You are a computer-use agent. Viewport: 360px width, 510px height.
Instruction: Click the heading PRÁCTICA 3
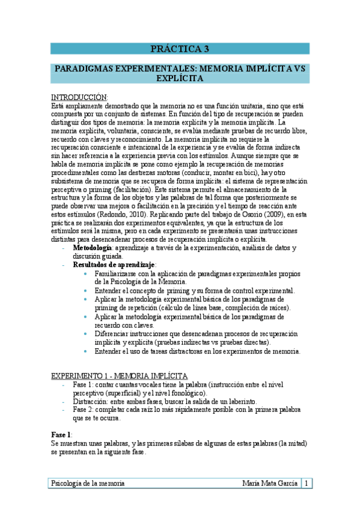point(180,49)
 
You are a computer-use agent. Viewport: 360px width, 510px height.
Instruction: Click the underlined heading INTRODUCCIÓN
point(79,97)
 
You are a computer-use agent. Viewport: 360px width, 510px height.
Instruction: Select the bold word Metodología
point(93,248)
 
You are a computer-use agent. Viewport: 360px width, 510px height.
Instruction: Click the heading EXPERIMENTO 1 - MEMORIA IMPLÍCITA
point(119,375)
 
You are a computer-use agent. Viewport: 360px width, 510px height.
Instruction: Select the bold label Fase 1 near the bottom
point(61,434)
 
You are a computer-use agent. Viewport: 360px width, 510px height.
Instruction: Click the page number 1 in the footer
point(307,484)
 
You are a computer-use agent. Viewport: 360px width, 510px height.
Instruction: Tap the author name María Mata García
point(269,484)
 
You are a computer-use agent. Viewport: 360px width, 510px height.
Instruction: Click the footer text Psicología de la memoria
point(88,484)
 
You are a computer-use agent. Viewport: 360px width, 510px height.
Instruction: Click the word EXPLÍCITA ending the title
point(180,78)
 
